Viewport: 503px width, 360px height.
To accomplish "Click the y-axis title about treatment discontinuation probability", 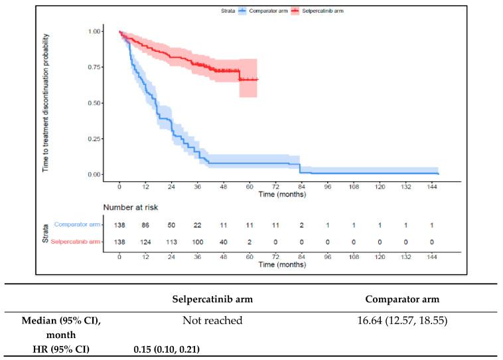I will pyautogui.click(x=47, y=103).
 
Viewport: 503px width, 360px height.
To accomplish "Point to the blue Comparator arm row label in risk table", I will pyautogui.click(x=77, y=225).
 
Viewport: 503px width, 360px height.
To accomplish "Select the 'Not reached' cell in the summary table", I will pyautogui.click(x=212, y=321).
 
